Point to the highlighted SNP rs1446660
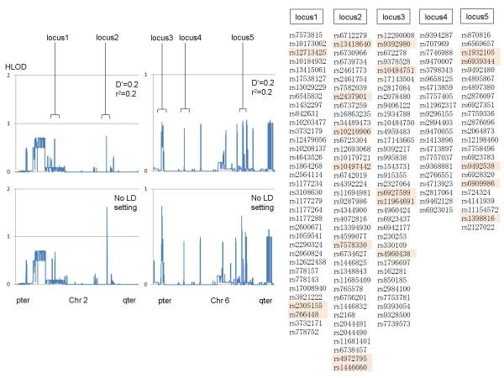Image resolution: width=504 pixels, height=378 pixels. [351, 368]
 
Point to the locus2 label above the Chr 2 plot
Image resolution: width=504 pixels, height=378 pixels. [108, 38]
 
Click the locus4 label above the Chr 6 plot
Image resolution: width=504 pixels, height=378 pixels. [190, 38]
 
